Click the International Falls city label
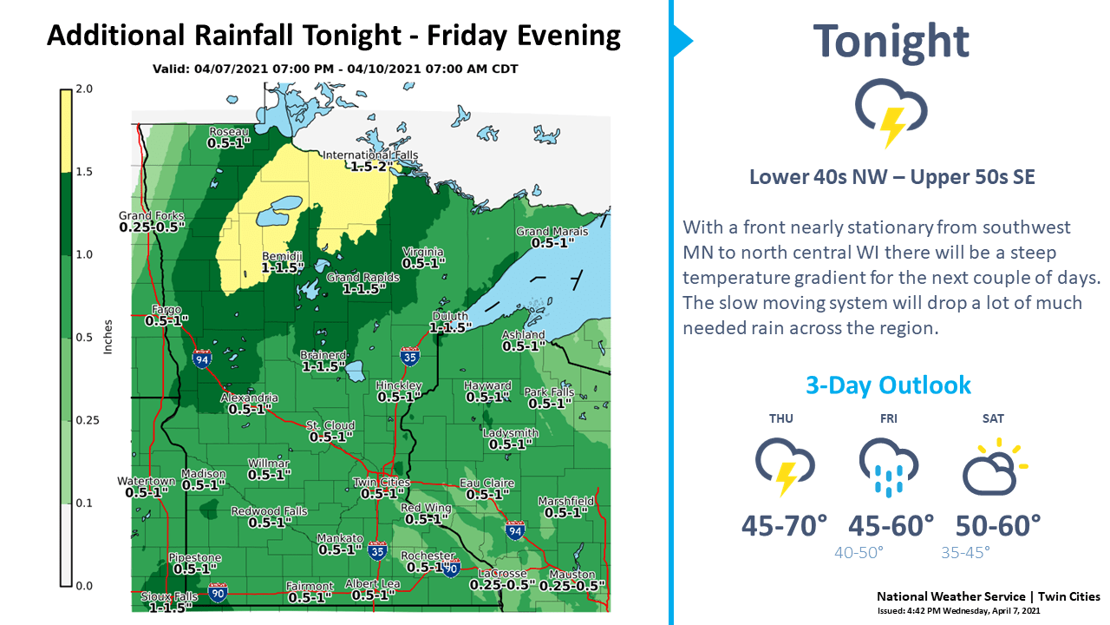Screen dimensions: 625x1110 pyautogui.click(x=370, y=155)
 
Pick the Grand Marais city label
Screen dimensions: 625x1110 pyautogui.click(x=552, y=232)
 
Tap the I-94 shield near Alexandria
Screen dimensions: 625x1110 pyautogui.click(x=202, y=359)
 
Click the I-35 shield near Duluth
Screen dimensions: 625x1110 pyautogui.click(x=410, y=356)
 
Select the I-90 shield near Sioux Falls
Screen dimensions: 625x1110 pyautogui.click(x=218, y=593)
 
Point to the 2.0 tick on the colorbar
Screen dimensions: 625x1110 pyautogui.click(x=84, y=89)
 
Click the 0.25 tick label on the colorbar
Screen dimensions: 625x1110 pyautogui.click(x=87, y=420)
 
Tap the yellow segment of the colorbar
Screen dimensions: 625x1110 pyautogui.click(x=65, y=129)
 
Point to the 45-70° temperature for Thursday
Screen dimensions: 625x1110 pyautogui.click(x=784, y=525)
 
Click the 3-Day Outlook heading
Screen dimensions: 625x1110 pyautogui.click(x=888, y=385)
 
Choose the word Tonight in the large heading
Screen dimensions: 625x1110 pyautogui.click(x=891, y=41)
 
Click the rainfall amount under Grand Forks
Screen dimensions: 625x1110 pyautogui.click(x=152, y=227)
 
